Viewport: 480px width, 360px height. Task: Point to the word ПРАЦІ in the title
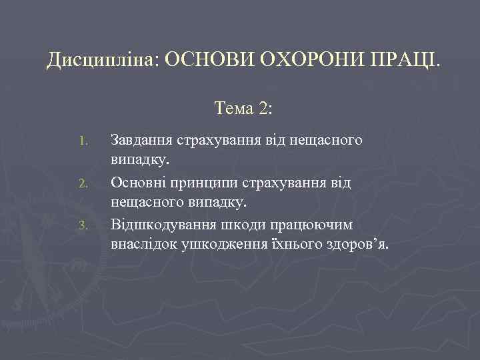click(407, 61)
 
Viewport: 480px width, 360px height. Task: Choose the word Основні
click(138, 182)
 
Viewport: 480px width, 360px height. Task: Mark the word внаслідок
click(141, 244)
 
